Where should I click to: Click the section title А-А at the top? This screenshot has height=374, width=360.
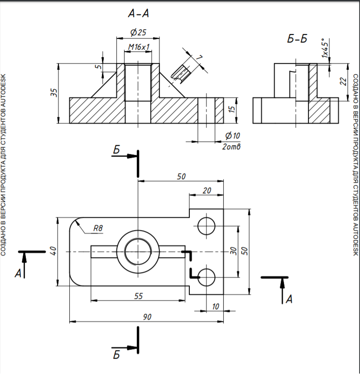pos(138,14)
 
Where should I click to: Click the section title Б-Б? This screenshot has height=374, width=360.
pos(297,39)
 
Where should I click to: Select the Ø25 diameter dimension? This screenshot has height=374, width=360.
pos(138,33)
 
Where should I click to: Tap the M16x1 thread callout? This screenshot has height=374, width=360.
pos(138,47)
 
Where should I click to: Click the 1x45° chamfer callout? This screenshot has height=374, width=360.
pos(325,48)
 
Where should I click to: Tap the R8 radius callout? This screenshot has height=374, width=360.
pos(98,229)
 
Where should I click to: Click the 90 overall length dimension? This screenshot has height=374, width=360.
pos(147,317)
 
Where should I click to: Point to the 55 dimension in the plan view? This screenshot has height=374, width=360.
pos(139,296)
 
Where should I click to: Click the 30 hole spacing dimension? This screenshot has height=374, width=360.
pos(234,250)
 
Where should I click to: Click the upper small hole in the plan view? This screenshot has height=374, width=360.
pos(207,225)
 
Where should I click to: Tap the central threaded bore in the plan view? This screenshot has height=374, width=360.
pos(138,251)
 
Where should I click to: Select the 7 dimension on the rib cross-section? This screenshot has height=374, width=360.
pos(198,58)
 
